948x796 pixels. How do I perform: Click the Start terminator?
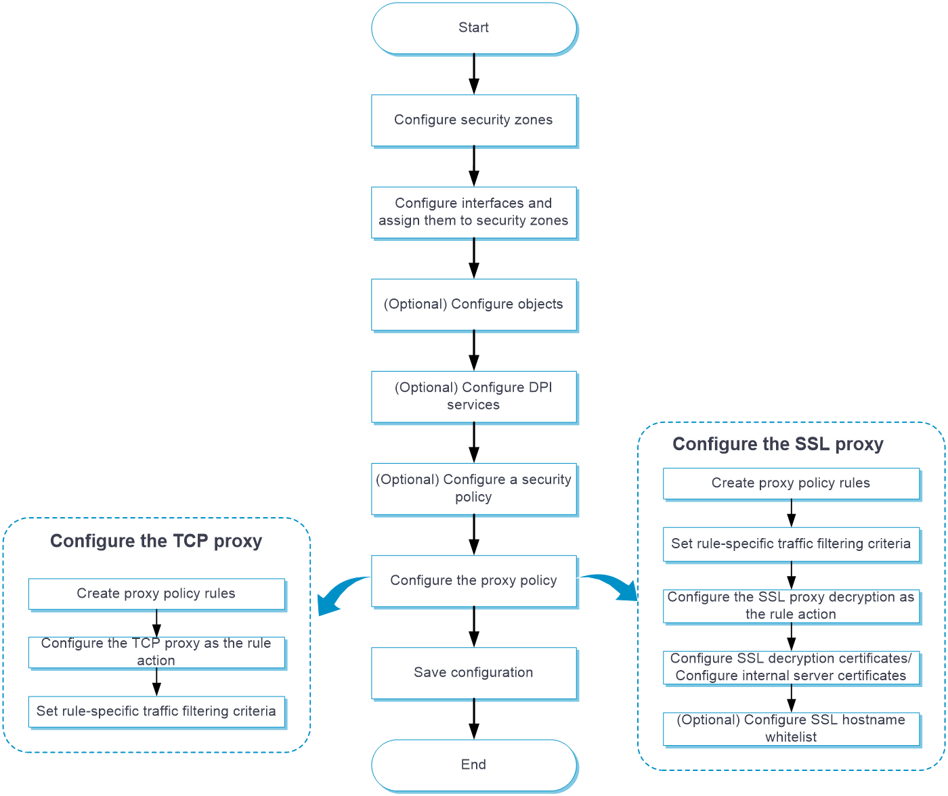coord(474,28)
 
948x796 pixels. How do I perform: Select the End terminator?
coord(474,764)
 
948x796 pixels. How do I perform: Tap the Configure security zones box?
coord(474,120)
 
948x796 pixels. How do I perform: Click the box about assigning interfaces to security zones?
coord(474,212)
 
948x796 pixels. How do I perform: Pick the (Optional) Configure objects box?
coord(474,304)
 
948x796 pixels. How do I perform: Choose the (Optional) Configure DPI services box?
coord(474,396)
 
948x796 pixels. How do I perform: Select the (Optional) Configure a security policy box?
coord(474,488)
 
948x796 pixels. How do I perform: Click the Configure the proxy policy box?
coord(474,580)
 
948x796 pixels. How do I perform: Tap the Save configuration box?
coord(474,672)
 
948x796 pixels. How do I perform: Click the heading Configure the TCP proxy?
coord(156,541)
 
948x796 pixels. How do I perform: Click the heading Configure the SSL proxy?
coord(777,445)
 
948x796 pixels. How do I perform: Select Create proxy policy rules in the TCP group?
coord(156,594)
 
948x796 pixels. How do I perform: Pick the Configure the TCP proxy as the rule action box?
coord(156,652)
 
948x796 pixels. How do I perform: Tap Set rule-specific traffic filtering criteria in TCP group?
coord(156,711)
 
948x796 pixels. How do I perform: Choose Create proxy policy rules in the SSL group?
coord(791,483)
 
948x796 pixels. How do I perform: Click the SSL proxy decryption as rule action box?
coord(791,606)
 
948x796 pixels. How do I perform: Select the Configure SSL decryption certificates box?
coord(791,667)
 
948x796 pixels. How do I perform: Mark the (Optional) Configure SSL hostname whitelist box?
coord(791,728)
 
